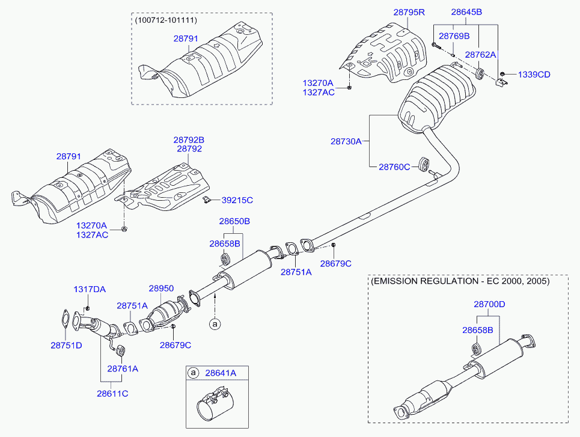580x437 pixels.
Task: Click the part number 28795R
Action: (x=409, y=12)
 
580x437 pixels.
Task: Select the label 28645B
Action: (x=466, y=12)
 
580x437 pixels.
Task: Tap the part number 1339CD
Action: (x=534, y=75)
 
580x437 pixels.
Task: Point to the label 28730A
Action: (x=346, y=141)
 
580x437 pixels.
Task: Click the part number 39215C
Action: (x=237, y=200)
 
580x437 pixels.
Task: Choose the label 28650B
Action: (x=234, y=221)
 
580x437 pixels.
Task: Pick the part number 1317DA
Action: (x=90, y=289)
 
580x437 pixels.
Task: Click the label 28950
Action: (x=161, y=289)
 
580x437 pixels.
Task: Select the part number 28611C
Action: (x=112, y=394)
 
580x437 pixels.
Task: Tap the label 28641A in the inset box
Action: (x=221, y=373)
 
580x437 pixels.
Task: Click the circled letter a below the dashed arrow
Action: (x=215, y=325)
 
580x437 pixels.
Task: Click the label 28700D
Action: (x=489, y=305)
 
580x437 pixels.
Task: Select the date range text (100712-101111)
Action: (x=166, y=20)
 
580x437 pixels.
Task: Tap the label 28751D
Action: (x=66, y=346)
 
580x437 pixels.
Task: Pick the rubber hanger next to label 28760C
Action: (x=424, y=165)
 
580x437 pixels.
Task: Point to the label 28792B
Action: (x=189, y=140)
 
